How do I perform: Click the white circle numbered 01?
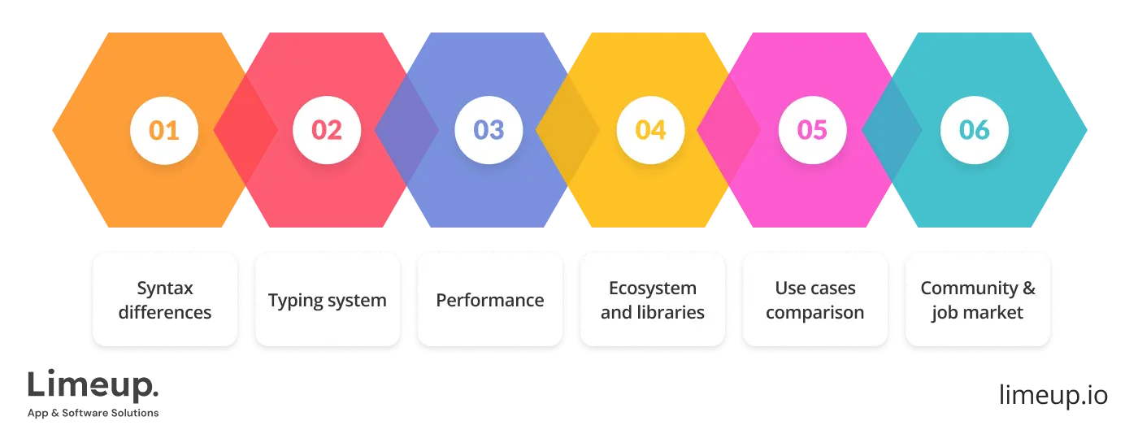pyautogui.click(x=165, y=130)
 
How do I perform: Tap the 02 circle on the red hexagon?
pyautogui.click(x=327, y=130)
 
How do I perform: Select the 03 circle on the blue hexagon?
pyautogui.click(x=489, y=130)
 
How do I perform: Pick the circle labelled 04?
pyautogui.click(x=650, y=130)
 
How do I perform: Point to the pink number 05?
pyautogui.click(x=812, y=130)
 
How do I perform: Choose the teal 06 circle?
pyautogui.click(x=974, y=130)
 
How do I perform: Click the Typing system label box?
pyautogui.click(x=328, y=300)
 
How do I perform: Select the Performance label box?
pyautogui.click(x=490, y=300)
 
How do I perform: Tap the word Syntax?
pyautogui.click(x=165, y=289)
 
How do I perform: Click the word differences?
pyautogui.click(x=165, y=312)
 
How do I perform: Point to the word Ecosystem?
pyautogui.click(x=653, y=289)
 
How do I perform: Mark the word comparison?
pyautogui.click(x=815, y=312)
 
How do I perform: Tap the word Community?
pyautogui.click(x=968, y=289)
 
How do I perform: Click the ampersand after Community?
pyautogui.click(x=1028, y=289)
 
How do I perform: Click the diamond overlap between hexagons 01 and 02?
pyautogui.click(x=245, y=130)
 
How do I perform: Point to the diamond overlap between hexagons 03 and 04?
pyautogui.click(x=568, y=130)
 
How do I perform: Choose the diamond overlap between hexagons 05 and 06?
pyautogui.click(x=892, y=130)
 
